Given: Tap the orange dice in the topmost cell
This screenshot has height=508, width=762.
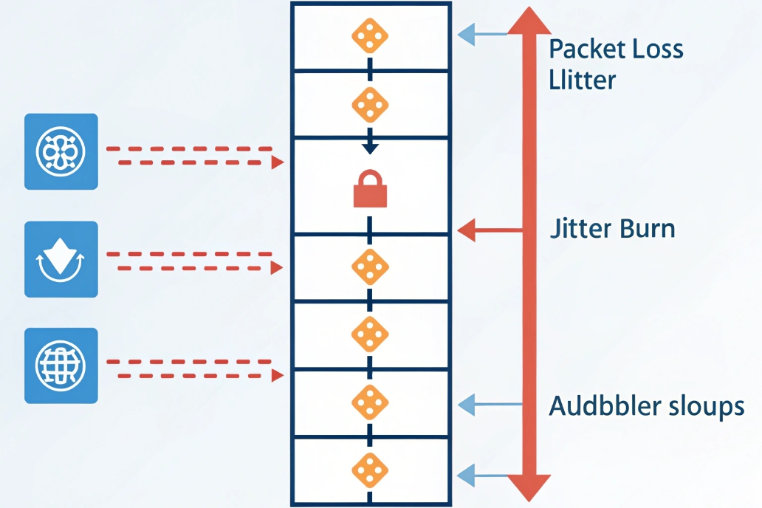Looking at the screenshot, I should pyautogui.click(x=370, y=37).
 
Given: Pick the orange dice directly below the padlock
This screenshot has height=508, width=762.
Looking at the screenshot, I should pyautogui.click(x=369, y=267).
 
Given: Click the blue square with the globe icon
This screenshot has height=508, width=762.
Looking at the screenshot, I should pyautogui.click(x=61, y=365).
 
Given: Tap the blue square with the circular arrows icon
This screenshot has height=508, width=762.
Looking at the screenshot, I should pyautogui.click(x=61, y=259).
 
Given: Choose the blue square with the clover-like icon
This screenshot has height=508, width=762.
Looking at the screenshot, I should pyautogui.click(x=61, y=151).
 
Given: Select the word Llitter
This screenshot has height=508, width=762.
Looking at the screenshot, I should pyautogui.click(x=583, y=79).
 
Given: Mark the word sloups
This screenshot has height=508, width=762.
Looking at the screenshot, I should pyautogui.click(x=707, y=407).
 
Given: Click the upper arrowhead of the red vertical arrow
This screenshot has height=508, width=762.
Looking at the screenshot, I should pyautogui.click(x=529, y=20).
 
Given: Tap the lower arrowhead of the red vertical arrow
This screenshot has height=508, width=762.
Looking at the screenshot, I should pyautogui.click(x=529, y=487).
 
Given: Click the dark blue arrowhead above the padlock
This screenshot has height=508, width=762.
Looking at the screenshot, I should pyautogui.click(x=370, y=148).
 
